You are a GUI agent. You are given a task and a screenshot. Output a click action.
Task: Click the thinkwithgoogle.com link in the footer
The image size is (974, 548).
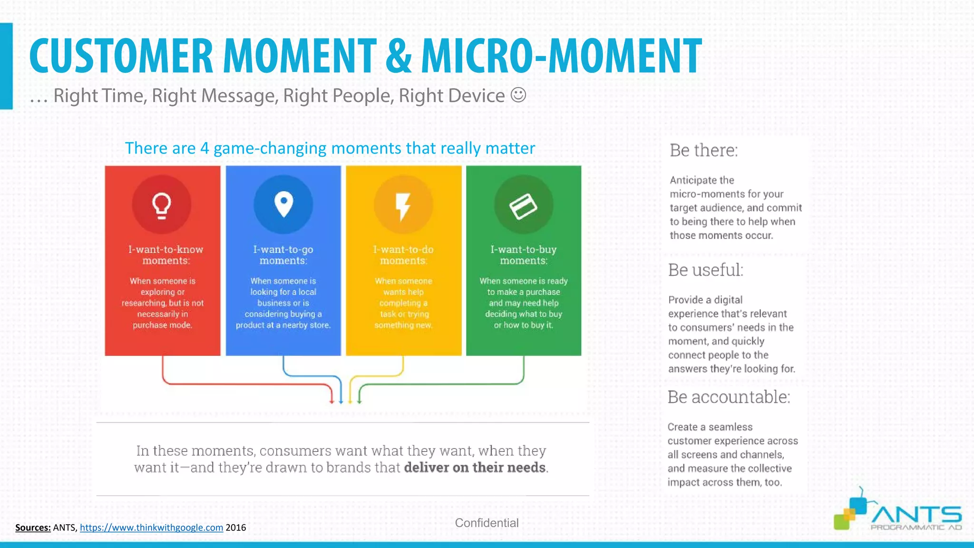(x=151, y=528)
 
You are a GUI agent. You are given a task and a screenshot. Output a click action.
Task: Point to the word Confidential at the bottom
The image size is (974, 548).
(x=487, y=523)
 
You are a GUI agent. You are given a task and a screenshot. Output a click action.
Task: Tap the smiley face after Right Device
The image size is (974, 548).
(x=518, y=95)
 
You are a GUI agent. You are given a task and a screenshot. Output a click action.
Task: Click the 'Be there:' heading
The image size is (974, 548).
(x=703, y=150)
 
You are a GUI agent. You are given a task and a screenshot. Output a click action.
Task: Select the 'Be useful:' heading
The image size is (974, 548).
(x=705, y=270)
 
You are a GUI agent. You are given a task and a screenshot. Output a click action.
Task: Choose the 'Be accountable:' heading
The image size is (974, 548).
(x=729, y=397)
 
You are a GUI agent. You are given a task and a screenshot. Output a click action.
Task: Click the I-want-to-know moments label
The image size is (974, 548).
(x=166, y=255)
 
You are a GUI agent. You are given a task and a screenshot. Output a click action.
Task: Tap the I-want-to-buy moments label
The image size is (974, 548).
(x=523, y=255)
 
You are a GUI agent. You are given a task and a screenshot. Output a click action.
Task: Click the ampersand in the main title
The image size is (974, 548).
(x=399, y=56)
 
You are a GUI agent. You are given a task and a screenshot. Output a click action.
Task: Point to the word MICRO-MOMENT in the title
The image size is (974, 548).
(x=561, y=56)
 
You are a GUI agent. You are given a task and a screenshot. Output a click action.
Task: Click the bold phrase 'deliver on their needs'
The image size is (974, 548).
(x=475, y=468)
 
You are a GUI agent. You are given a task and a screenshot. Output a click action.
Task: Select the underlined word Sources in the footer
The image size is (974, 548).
(x=33, y=528)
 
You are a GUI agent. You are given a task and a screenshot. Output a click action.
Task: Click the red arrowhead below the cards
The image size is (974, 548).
(x=332, y=401)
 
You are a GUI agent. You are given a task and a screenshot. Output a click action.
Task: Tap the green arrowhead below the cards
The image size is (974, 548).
(x=360, y=401)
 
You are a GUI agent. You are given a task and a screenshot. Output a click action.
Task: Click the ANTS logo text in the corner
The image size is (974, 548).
(x=916, y=515)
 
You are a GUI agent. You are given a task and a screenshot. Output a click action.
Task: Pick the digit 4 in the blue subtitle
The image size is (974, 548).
(x=205, y=148)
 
